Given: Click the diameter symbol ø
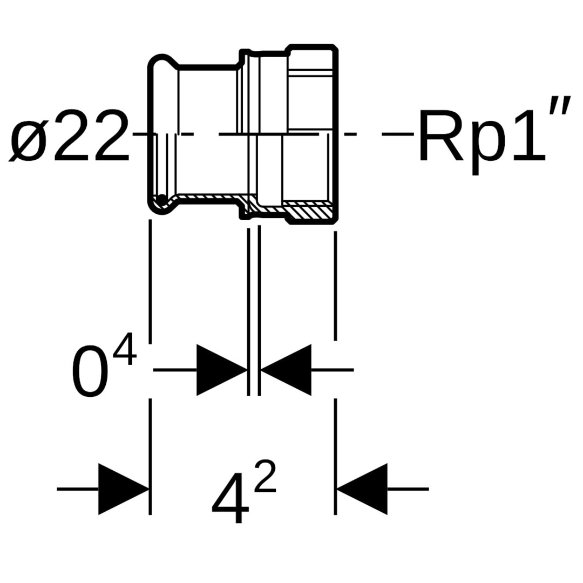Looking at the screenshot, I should click(x=30, y=136).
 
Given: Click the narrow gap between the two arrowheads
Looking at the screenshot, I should click(x=254, y=370).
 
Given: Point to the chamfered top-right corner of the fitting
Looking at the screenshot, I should click(x=335, y=49).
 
